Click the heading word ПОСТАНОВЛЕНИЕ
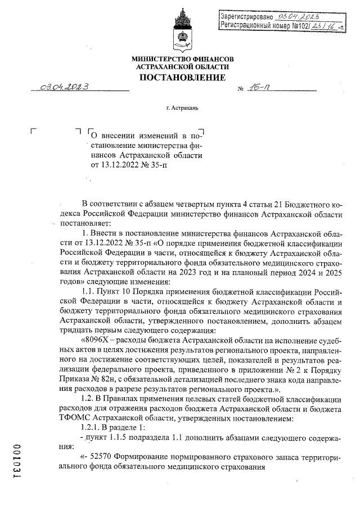[182, 77]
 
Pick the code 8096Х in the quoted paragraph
[97, 339]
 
